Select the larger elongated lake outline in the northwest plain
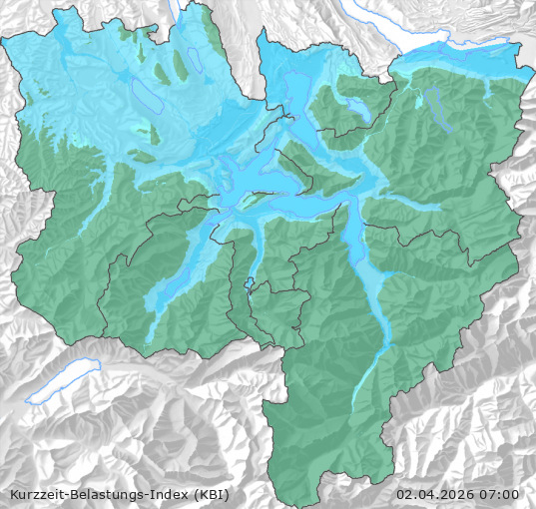click(x=144, y=95)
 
